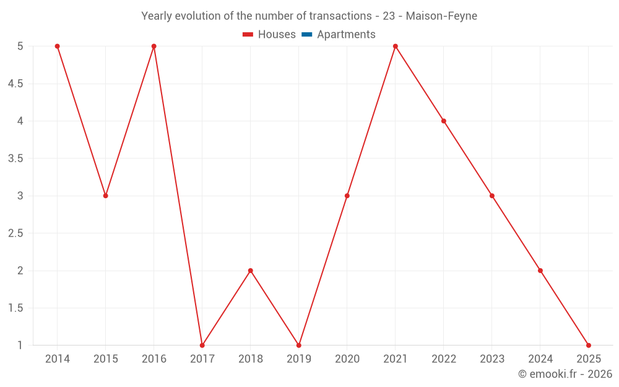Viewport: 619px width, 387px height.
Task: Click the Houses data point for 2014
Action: pyautogui.click(x=57, y=46)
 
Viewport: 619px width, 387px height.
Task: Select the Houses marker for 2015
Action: pyautogui.click(x=105, y=196)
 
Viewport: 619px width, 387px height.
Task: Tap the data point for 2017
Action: pyautogui.click(x=202, y=345)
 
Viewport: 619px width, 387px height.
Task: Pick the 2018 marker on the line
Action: pyautogui.click(x=250, y=271)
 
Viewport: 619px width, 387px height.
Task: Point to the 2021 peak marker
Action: pyautogui.click(x=395, y=46)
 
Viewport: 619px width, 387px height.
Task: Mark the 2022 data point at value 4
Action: pyautogui.click(x=443, y=121)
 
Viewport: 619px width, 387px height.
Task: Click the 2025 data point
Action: pyautogui.click(x=588, y=345)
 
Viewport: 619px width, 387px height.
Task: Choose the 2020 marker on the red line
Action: pyautogui.click(x=347, y=196)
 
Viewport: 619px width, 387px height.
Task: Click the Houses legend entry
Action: pyautogui.click(x=269, y=35)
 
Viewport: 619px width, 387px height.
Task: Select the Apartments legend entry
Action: pyautogui.click(x=345, y=35)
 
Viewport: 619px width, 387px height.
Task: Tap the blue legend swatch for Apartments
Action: pyautogui.click(x=306, y=35)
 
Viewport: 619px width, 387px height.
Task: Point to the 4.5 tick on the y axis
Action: pyautogui.click(x=15, y=84)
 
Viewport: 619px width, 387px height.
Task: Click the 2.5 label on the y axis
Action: pyautogui.click(x=15, y=233)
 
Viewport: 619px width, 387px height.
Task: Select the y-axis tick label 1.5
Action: pyautogui.click(x=15, y=308)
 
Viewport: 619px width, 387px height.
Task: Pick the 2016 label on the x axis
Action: pyautogui.click(x=154, y=359)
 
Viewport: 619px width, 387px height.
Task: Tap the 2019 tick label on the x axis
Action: pyautogui.click(x=298, y=359)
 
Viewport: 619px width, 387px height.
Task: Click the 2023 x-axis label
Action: pyautogui.click(x=491, y=359)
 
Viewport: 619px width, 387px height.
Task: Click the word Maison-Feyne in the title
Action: pyautogui.click(x=441, y=16)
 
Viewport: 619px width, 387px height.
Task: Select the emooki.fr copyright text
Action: pyautogui.click(x=565, y=374)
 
